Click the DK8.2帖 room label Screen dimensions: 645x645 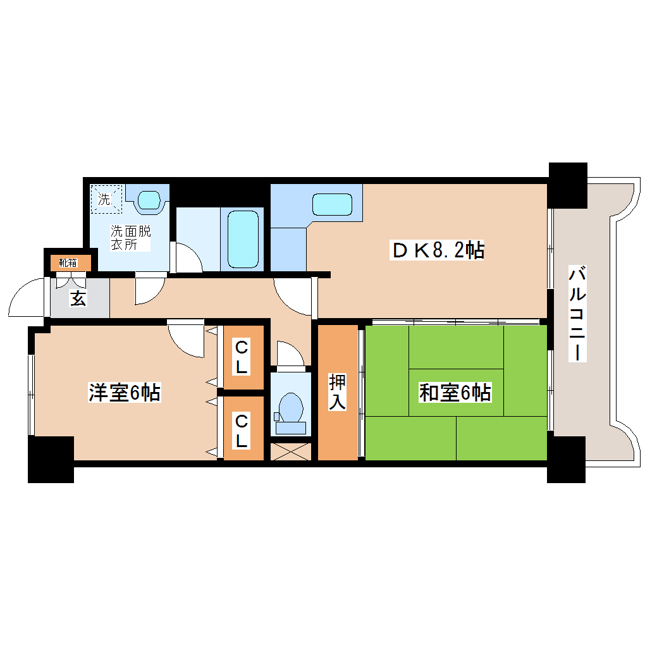[438, 251]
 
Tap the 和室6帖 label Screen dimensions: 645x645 [455, 393]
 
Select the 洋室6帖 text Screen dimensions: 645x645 [124, 393]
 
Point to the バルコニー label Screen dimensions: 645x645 [576, 314]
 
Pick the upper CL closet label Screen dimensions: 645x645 [241, 357]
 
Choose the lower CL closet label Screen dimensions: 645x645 [241, 430]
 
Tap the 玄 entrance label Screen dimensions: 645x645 [78, 298]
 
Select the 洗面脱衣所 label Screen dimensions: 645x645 [132, 238]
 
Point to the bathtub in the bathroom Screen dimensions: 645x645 [243, 239]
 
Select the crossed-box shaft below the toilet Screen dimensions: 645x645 [291, 451]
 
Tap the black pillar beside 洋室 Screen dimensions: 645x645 [51, 460]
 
